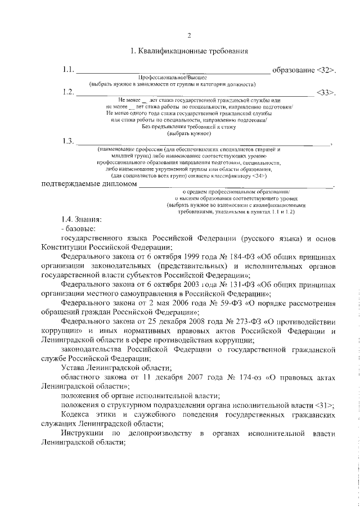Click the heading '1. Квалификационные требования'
pos(189,52)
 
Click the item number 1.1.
pos(68,70)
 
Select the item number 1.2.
pos(68,92)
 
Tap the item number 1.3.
pos(68,141)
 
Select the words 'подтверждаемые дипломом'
pos(89,184)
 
